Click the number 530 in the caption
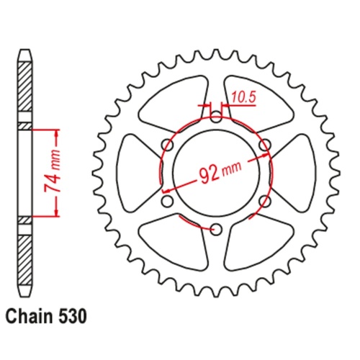pos(76,315)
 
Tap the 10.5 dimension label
pos(243,94)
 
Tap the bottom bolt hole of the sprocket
pos(215,229)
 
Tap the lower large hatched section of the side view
pos(25,259)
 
